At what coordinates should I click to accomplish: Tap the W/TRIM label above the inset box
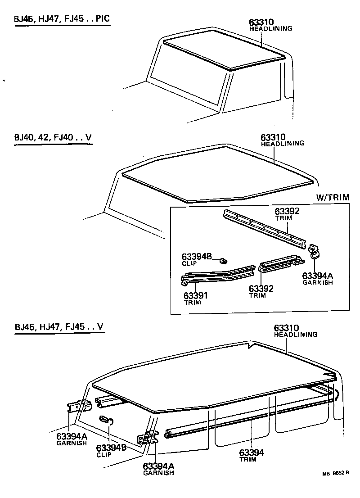[333, 198]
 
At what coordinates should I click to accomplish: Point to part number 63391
[196, 296]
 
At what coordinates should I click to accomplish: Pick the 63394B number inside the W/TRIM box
[196, 257]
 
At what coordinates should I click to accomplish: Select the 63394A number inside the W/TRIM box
[317, 276]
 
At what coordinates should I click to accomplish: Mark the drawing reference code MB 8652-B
[335, 473]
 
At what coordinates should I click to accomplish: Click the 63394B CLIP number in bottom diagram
[110, 448]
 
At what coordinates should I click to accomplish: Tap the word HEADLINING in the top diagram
[270, 28]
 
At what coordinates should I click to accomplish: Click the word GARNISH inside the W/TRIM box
[317, 283]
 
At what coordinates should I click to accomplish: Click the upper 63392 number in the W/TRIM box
[287, 211]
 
